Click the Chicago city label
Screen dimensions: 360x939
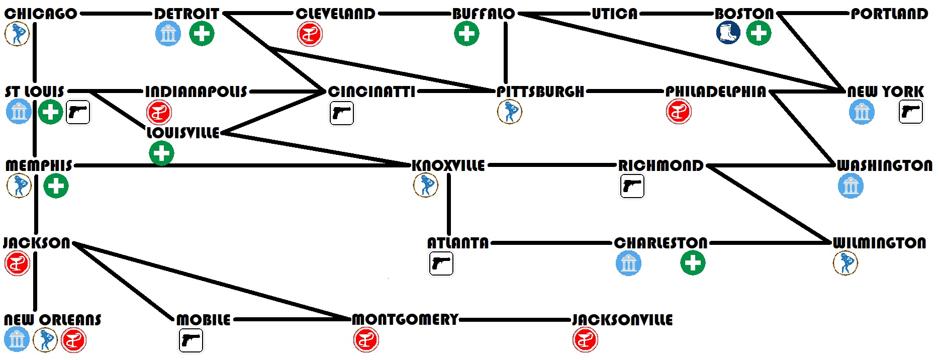pos(41,14)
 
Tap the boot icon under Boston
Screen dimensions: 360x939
pos(728,33)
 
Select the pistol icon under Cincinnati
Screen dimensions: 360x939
pos(342,113)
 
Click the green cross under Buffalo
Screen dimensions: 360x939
pos(466,34)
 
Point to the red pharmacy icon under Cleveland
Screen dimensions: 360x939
pos(310,34)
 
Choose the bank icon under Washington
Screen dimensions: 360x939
pos(851,186)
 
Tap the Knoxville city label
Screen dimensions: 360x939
pos(448,165)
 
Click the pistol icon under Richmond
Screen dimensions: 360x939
pos(632,186)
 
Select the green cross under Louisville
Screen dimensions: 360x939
pos(161,153)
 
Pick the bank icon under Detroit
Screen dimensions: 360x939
pos(168,34)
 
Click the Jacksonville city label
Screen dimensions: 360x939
pos(622,320)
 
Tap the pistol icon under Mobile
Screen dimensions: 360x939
pos(191,340)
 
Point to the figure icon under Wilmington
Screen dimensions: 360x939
pos(846,263)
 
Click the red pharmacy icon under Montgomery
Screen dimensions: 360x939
pos(366,340)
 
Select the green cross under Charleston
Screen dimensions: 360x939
pos(693,263)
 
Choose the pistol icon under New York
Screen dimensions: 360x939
pos(911,112)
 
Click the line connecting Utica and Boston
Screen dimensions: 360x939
pos(676,14)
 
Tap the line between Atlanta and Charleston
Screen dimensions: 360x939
pos(551,243)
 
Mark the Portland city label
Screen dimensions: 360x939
pos(889,14)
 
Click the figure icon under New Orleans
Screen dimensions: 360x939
pos(45,340)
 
